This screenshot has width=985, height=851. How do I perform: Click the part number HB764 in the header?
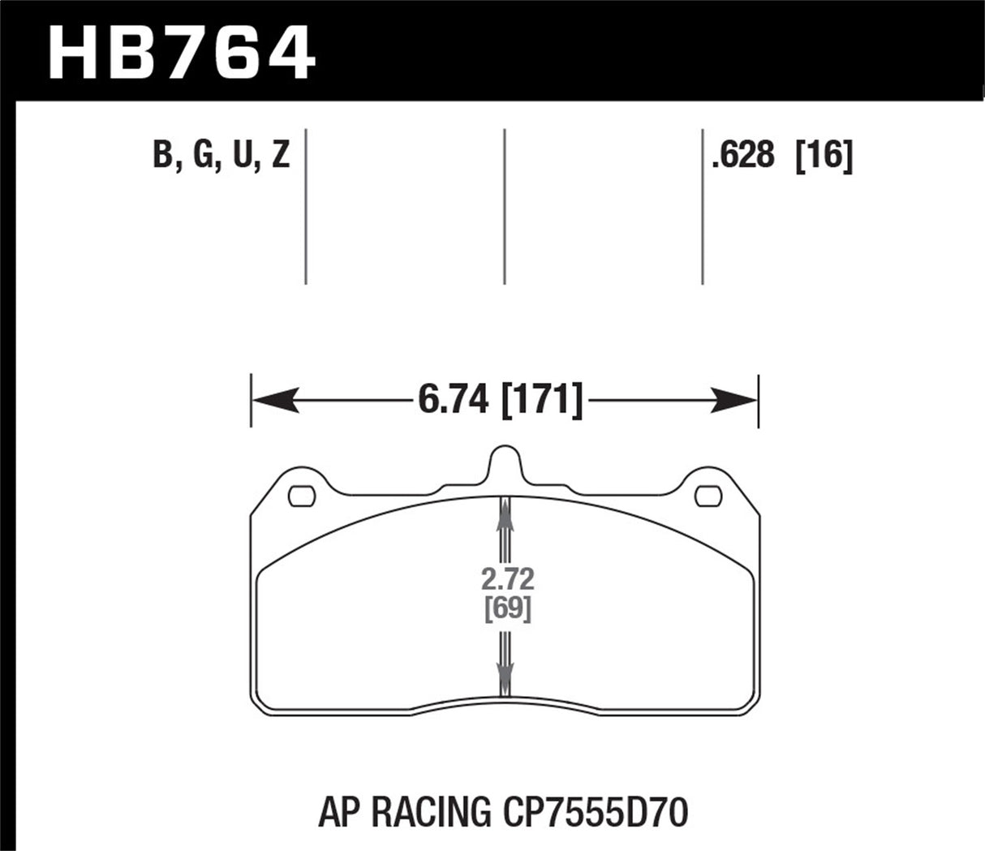pyautogui.click(x=181, y=51)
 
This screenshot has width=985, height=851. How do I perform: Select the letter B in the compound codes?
pyautogui.click(x=163, y=153)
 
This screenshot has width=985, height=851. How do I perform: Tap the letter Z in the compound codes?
pyautogui.click(x=279, y=153)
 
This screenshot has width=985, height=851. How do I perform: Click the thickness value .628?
pyautogui.click(x=743, y=154)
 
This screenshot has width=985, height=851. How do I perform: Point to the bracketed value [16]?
pyautogui.click(x=824, y=154)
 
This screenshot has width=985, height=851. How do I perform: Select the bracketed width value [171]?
pyautogui.click(x=542, y=400)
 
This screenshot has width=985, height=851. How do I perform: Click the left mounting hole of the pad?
pyautogui.click(x=302, y=494)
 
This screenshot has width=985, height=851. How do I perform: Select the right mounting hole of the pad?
pyautogui.click(x=708, y=494)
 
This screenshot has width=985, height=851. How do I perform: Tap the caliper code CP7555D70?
pyautogui.click(x=591, y=810)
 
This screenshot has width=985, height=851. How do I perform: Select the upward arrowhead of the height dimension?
pyautogui.click(x=505, y=511)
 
